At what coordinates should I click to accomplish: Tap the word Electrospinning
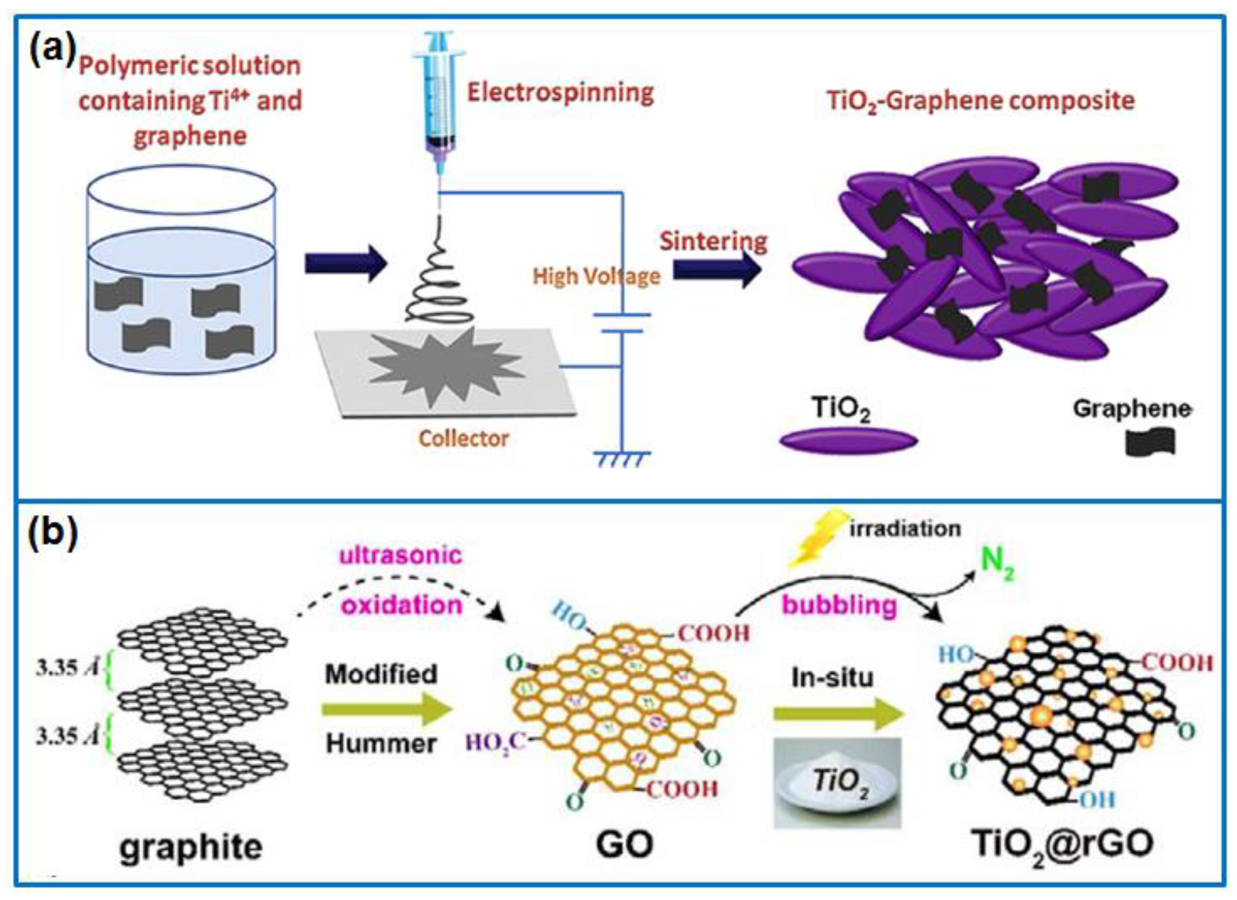pyautogui.click(x=560, y=92)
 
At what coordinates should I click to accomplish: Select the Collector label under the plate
pyautogui.click(x=463, y=438)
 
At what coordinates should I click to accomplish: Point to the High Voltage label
pyautogui.click(x=596, y=276)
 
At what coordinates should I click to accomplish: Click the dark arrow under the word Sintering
pyautogui.click(x=717, y=270)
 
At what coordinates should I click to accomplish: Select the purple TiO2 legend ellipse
pyautogui.click(x=848, y=441)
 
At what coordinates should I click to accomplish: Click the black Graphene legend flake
pyautogui.click(x=1150, y=442)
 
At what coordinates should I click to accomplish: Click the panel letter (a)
pyautogui.click(x=51, y=51)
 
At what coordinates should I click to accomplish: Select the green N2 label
pyautogui.click(x=997, y=562)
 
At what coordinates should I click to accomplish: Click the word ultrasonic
pyautogui.click(x=400, y=555)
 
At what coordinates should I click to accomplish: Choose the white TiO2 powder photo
pyautogui.click(x=837, y=783)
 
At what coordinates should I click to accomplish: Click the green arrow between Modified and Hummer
pyautogui.click(x=386, y=710)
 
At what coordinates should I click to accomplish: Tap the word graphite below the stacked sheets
pyautogui.click(x=191, y=847)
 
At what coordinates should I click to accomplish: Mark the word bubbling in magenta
pyautogui.click(x=839, y=605)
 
